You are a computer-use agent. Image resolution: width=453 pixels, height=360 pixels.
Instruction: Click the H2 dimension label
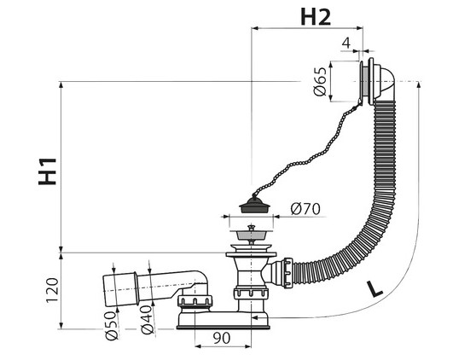click(x=316, y=17)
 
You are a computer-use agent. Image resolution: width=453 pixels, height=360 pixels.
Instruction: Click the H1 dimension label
click(x=48, y=171)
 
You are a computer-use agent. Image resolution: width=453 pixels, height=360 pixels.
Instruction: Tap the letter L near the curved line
click(x=375, y=289)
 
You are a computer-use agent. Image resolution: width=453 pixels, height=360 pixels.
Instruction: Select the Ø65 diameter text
click(x=320, y=82)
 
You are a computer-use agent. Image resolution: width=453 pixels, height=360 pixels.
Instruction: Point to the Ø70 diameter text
click(x=305, y=209)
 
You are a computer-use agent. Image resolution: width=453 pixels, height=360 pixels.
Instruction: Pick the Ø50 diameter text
click(x=112, y=326)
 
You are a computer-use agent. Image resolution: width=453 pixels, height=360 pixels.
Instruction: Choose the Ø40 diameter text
click(x=147, y=320)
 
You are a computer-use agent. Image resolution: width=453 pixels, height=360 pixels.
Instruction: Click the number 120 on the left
click(x=52, y=290)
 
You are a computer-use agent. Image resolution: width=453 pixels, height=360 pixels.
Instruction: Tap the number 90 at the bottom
click(x=222, y=338)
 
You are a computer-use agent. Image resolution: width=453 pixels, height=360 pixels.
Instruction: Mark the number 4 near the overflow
click(x=346, y=43)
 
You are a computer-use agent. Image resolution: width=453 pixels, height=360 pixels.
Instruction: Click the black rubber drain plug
click(x=254, y=205)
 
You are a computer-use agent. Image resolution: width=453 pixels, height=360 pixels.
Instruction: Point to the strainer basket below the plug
click(x=251, y=235)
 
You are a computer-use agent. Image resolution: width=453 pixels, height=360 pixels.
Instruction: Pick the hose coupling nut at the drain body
click(x=288, y=273)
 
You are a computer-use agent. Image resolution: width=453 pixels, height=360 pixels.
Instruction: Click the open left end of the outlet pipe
click(x=106, y=291)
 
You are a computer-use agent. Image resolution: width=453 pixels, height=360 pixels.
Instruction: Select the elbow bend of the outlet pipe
click(x=202, y=282)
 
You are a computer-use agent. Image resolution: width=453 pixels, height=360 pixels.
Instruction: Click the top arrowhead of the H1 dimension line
click(x=61, y=85)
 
